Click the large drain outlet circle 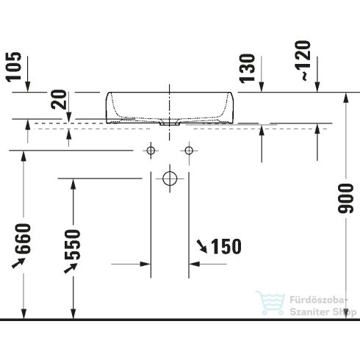click(x=170, y=178)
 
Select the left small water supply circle click(x=151, y=151)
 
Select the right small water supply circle click(x=189, y=151)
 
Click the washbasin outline click(x=170, y=107)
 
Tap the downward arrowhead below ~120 click(x=318, y=87)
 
